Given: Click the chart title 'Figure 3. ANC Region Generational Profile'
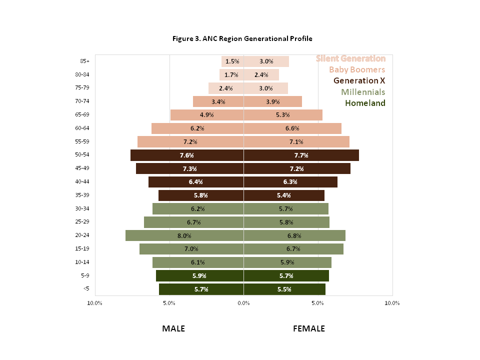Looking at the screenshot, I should point(242,38).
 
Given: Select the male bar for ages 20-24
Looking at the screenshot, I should point(155,235).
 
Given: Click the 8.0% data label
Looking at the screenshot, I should point(184,235).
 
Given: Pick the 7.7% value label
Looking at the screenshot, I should point(301,155).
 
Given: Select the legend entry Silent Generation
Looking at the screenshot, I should point(350,58).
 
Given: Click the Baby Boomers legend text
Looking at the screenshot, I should point(357,69).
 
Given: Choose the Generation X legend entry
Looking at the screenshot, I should point(359,80).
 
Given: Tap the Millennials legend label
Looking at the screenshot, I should point(363,92).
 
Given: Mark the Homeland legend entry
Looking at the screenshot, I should point(365,103).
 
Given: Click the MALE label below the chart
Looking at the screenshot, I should point(173,328).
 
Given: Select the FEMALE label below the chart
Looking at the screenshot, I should point(308,328).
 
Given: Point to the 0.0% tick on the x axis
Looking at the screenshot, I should point(243,303).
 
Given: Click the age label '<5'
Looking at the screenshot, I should point(86,288).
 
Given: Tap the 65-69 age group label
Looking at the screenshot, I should point(82,114).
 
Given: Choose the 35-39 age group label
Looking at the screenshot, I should point(82,195).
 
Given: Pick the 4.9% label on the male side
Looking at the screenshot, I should point(207,115).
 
